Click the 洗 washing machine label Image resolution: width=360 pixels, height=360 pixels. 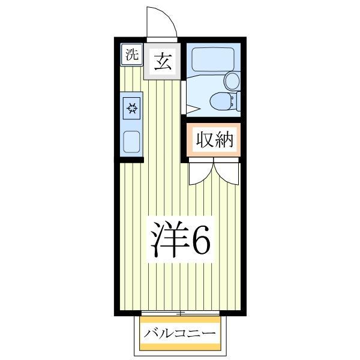pyautogui.click(x=131, y=55)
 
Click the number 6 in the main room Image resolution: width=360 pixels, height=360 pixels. pyautogui.click(x=200, y=240)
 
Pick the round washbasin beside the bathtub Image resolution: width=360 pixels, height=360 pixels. pyautogui.click(x=231, y=80)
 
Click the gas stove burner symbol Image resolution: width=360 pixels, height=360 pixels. pyautogui.click(x=131, y=109)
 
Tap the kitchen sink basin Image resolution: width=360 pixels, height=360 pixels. pyautogui.click(x=131, y=141)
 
